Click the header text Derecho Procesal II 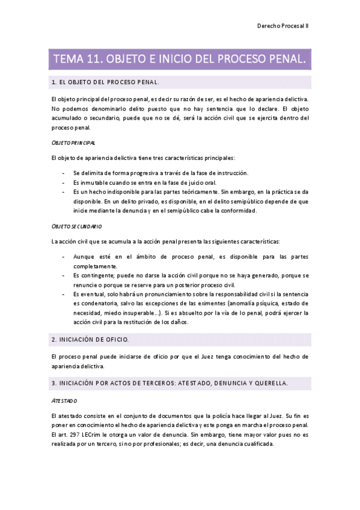tap(282, 26)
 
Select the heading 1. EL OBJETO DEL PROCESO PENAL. tap(106, 82)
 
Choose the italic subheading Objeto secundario tap(76, 226)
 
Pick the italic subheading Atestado tap(64, 400)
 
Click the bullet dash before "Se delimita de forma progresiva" tap(64, 173)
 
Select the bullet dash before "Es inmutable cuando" tap(64, 182)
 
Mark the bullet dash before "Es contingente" tap(64, 275)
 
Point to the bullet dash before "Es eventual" tap(64, 293)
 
